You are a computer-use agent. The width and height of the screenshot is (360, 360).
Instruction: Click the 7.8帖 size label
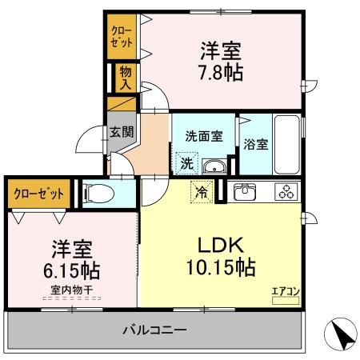tap(222, 72)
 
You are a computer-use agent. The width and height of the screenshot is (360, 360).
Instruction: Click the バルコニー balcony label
tap(154, 330)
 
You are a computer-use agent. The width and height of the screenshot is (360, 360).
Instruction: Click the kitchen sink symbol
tap(244, 191)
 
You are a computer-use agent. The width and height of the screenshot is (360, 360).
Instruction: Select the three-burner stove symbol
tap(286, 191)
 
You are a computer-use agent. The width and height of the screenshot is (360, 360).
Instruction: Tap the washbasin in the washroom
tap(213, 166)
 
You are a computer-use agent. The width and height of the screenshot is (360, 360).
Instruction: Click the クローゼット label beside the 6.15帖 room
tap(38, 193)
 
